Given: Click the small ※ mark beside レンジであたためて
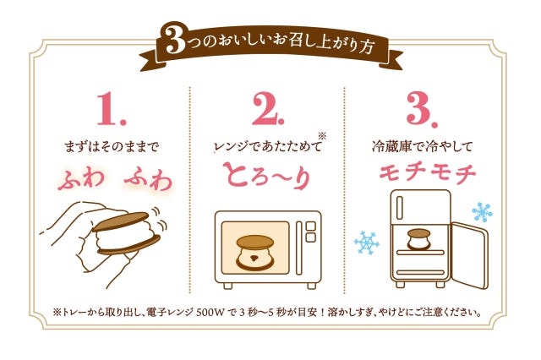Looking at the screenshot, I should [321, 135].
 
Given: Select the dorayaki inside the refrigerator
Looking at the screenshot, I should [418, 237].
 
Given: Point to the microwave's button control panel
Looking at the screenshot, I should [309, 245].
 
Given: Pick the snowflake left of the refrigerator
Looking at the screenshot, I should [367, 243].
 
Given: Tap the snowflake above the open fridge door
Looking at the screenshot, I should [483, 211].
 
